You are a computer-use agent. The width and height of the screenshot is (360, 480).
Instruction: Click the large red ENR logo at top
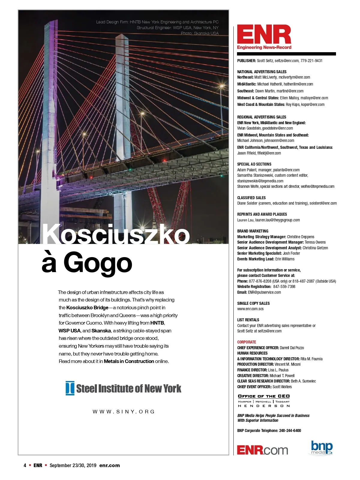pyautogui.click(x=264, y=35)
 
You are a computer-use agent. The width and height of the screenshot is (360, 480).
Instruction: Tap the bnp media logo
pyautogui.click(x=322, y=448)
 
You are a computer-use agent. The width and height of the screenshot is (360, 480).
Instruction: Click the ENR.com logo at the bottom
pyautogui.click(x=262, y=450)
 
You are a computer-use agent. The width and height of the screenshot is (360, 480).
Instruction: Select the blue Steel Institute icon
pyautogui.click(x=70, y=388)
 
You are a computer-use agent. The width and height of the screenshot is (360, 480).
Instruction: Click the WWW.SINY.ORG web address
pyautogui.click(x=124, y=412)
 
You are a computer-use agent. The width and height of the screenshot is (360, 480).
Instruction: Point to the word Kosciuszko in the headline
pyautogui.click(x=116, y=235)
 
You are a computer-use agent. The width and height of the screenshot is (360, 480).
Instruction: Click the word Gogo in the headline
pyautogui.click(x=98, y=263)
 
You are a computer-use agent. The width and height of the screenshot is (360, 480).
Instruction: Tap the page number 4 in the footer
pyautogui.click(x=25, y=465)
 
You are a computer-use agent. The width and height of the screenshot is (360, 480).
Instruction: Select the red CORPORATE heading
pyautogui.click(x=247, y=342)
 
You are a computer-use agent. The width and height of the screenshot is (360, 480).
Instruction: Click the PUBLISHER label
pyautogui.click(x=246, y=61)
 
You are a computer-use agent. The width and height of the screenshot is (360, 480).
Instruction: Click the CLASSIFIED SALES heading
pyautogui.click(x=251, y=198)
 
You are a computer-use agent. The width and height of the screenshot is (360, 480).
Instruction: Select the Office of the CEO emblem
pyautogui.click(x=264, y=401)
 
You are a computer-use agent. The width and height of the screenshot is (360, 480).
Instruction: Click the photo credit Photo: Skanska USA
pyautogui.click(x=199, y=33)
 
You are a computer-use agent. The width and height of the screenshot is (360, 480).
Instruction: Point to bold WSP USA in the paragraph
pyautogui.click(x=69, y=331)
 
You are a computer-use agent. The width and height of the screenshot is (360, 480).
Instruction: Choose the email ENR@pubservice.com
pyautogui.click(x=264, y=292)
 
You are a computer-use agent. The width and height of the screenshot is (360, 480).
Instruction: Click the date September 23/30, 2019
pyautogui.click(x=73, y=465)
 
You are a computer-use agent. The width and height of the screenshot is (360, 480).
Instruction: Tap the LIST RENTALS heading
pyautogui.click(x=248, y=320)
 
